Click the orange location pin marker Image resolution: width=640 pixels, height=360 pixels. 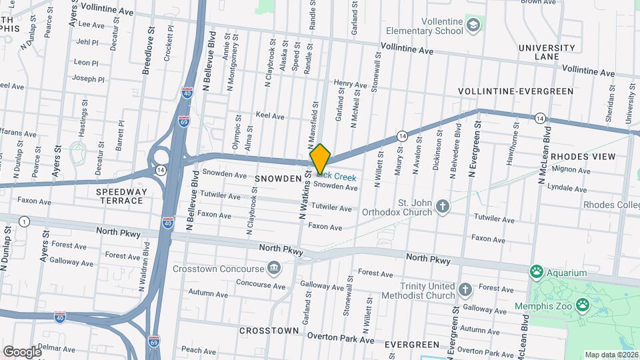point(321,159)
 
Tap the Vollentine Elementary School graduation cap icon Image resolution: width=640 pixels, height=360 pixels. point(473,25)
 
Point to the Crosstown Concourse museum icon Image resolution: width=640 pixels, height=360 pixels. point(273,269)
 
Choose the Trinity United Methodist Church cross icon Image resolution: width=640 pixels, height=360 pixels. point(465,290)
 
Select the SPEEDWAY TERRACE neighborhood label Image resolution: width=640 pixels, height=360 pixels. point(121,196)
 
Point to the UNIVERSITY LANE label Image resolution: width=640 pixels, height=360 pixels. point(546,52)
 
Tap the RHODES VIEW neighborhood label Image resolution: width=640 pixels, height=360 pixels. point(583,157)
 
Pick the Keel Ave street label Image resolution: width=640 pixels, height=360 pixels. point(270,116)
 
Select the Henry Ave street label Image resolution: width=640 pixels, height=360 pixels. point(351,85)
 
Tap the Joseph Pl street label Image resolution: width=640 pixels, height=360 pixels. point(89,79)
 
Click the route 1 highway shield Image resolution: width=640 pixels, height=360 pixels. point(25,221)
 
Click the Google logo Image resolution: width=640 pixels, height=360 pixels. point(23,351)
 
